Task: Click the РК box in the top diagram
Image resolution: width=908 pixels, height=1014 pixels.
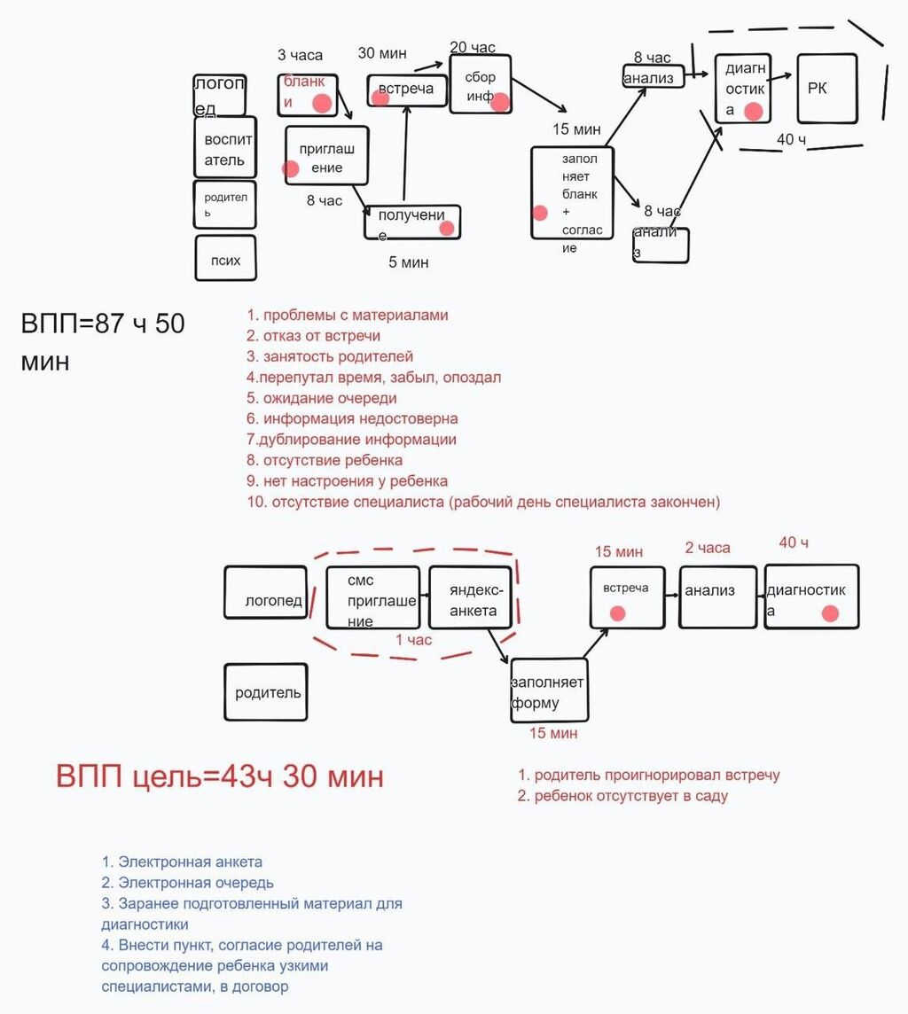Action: (x=826, y=89)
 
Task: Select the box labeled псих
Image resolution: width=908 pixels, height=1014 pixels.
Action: (x=225, y=258)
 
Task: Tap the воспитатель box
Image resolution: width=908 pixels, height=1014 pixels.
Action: (x=225, y=147)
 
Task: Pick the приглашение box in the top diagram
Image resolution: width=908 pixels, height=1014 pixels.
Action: (x=326, y=155)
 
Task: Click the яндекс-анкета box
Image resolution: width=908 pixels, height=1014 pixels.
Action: (x=473, y=597)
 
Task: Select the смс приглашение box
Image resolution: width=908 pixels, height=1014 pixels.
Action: (x=372, y=597)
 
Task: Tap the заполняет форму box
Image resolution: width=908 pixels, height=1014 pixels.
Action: (x=549, y=691)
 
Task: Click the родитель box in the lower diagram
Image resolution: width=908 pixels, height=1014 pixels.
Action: (x=265, y=692)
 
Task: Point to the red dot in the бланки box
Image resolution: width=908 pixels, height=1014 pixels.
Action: (x=322, y=104)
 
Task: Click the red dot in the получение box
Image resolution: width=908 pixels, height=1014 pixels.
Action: (x=446, y=229)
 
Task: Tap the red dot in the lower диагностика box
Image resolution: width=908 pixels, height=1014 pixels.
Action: (x=830, y=613)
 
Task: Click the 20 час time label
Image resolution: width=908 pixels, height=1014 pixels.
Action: (x=473, y=47)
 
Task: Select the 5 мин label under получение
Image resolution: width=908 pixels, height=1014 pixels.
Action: (x=408, y=262)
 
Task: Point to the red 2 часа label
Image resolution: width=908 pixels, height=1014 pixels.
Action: (x=707, y=548)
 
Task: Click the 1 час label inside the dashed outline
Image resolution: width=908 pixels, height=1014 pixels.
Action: (x=413, y=639)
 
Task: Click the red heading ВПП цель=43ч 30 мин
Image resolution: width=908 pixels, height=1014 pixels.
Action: (x=220, y=776)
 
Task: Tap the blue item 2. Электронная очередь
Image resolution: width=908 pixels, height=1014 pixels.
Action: (x=187, y=883)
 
